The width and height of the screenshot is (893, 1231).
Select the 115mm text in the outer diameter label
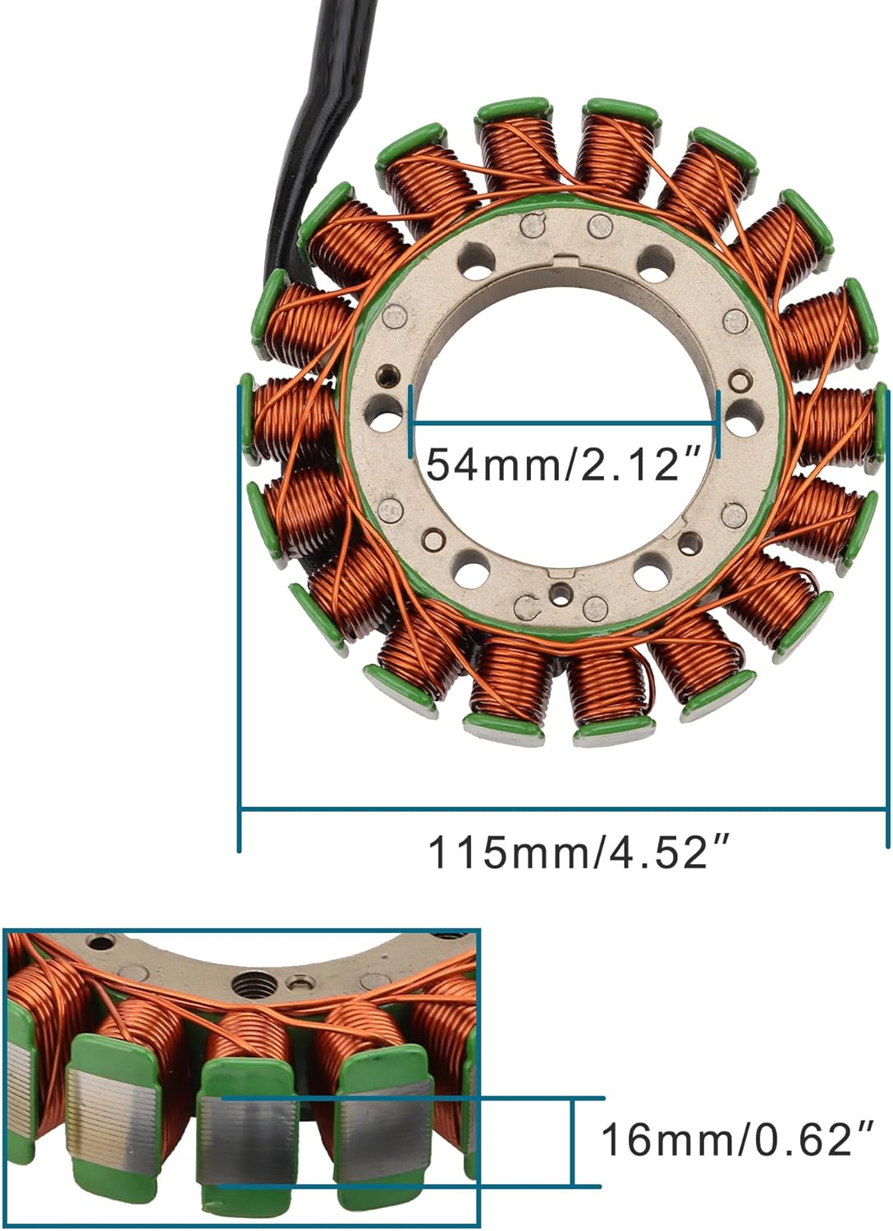(510, 853)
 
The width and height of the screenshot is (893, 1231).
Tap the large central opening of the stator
(566, 345)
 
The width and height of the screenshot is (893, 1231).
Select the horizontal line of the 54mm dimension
(565, 423)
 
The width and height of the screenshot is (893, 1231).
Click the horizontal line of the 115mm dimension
(563, 811)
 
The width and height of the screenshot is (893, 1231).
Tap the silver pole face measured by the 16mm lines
(247, 1141)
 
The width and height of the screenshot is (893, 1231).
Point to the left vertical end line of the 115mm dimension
(240, 615)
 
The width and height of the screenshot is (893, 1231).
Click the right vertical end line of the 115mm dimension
(887, 615)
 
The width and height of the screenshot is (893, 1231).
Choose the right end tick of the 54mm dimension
(718, 423)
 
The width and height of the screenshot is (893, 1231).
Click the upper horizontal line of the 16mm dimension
(410, 1098)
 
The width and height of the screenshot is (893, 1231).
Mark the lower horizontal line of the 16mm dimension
(410, 1186)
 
